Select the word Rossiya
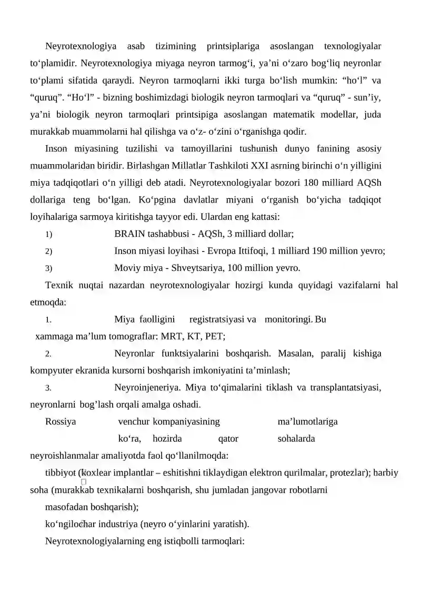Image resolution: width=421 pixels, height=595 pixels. coord(61,422)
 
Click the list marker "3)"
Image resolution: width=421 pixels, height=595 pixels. coord(48,269)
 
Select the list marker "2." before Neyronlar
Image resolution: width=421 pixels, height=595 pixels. coord(48,354)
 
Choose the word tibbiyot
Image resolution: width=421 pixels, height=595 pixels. coord(61,473)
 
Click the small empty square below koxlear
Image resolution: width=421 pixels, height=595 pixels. coord(84,481)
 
